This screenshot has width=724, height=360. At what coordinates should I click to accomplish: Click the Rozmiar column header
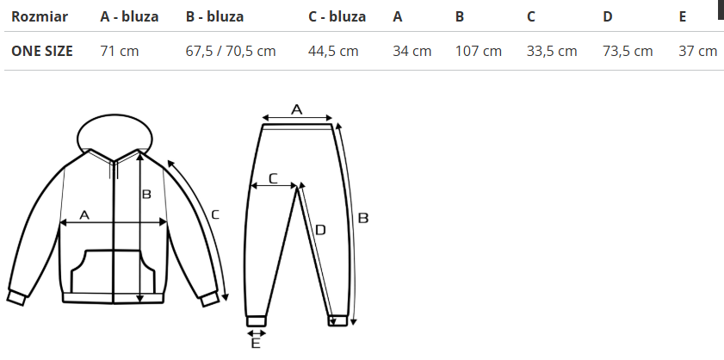coord(40,16)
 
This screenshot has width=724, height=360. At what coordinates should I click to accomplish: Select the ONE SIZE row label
coord(41,51)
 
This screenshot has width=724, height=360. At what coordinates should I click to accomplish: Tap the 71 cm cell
coord(119,51)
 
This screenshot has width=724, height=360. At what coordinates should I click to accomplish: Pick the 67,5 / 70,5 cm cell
coord(231,51)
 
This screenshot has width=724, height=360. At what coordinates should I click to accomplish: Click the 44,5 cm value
coord(333,51)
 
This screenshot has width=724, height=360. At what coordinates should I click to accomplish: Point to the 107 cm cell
coord(479,51)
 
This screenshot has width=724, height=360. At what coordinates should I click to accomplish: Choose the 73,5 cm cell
coord(628,51)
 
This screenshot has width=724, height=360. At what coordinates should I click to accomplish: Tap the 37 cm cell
coord(697,51)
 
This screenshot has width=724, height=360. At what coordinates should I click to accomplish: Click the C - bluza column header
coord(337,16)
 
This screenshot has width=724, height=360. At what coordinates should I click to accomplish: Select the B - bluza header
coord(214,16)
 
